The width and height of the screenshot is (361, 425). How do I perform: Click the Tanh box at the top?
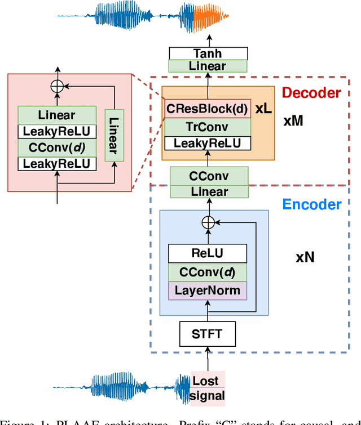click(x=208, y=53)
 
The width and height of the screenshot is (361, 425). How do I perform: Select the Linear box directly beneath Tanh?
click(x=208, y=66)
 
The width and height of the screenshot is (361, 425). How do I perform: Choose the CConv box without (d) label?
click(x=208, y=176)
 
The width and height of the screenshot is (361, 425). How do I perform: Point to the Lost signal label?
click(x=208, y=388)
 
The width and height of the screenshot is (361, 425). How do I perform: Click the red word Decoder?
click(x=311, y=93)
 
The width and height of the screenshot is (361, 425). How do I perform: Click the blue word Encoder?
click(x=312, y=204)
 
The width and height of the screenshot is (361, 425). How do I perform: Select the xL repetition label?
click(x=263, y=109)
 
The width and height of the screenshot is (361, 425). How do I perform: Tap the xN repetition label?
click(x=305, y=258)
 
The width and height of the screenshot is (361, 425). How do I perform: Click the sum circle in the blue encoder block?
click(x=209, y=222)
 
